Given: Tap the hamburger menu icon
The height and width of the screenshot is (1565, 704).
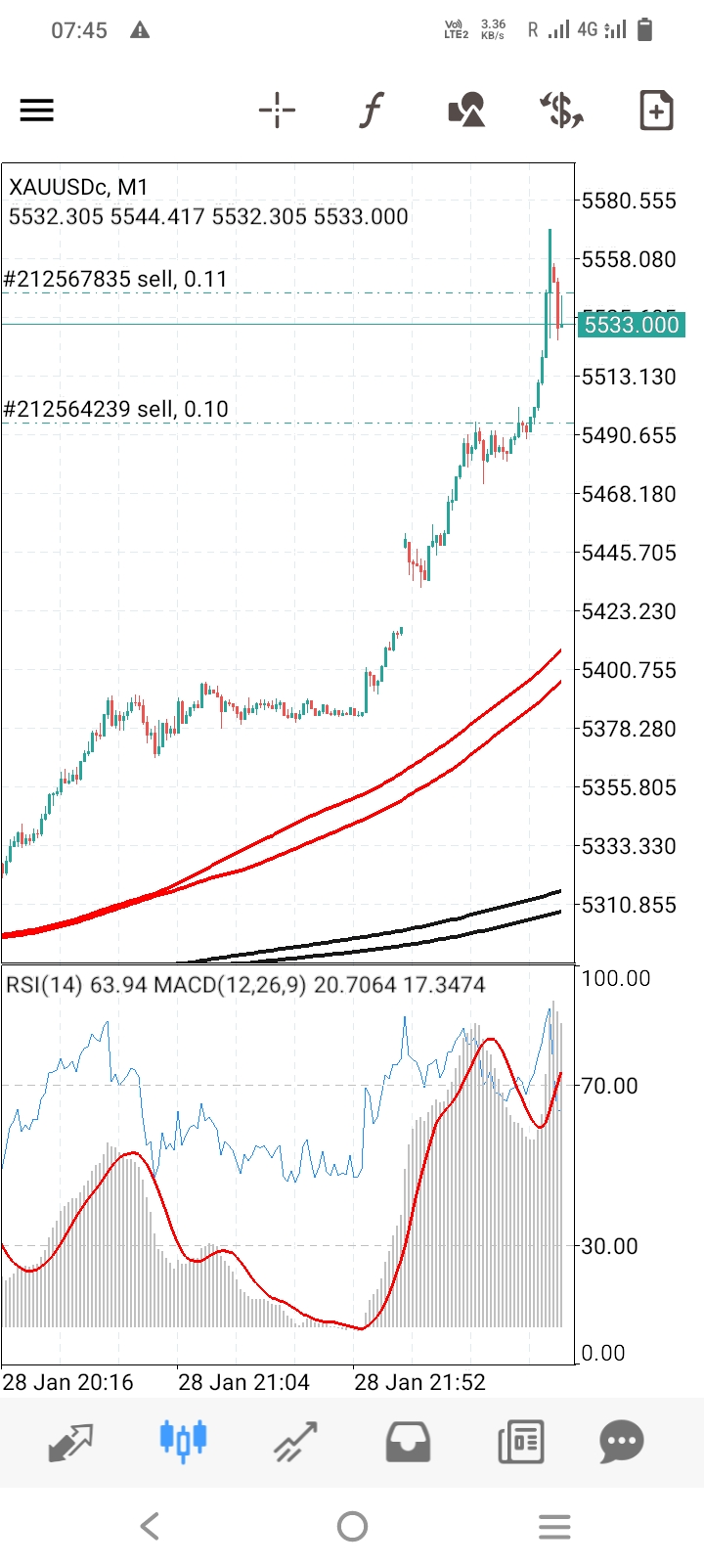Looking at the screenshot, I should point(37,110).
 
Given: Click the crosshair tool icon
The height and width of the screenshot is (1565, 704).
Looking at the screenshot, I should point(277,110).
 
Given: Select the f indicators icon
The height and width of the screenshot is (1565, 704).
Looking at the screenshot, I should point(372,110).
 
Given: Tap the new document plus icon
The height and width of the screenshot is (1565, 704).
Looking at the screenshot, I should point(656,110).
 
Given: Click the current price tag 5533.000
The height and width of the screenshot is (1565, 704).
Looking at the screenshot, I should point(631,325).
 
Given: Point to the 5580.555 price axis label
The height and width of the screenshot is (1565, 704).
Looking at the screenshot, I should point(629,201).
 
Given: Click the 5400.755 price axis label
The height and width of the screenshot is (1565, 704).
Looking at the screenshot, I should point(629,670).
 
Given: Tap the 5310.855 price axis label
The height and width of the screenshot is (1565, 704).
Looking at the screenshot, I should point(629,905).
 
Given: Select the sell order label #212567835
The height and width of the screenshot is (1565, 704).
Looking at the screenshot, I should point(115,279).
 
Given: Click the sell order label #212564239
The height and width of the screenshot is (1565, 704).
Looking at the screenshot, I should point(115,409).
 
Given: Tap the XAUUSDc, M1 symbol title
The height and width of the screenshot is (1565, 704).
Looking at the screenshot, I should point(78,187).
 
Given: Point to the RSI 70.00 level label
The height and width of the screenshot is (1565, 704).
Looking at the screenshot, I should point(609,1086).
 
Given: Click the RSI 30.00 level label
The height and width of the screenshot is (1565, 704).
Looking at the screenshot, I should point(609,1246).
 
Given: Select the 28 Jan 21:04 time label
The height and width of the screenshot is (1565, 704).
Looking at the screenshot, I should point(243,1382).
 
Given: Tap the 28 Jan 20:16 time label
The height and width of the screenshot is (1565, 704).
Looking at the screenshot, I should point(67,1382).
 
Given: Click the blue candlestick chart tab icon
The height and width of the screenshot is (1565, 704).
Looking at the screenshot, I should point(183,1441).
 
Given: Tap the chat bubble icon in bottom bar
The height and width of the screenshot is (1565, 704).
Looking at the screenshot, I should point(622,1441).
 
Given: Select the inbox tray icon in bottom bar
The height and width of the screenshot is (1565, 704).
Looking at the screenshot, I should point(408,1441).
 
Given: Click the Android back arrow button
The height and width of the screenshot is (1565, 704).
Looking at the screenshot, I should point(150,1526).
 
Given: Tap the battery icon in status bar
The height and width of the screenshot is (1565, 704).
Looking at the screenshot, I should point(644,30).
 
